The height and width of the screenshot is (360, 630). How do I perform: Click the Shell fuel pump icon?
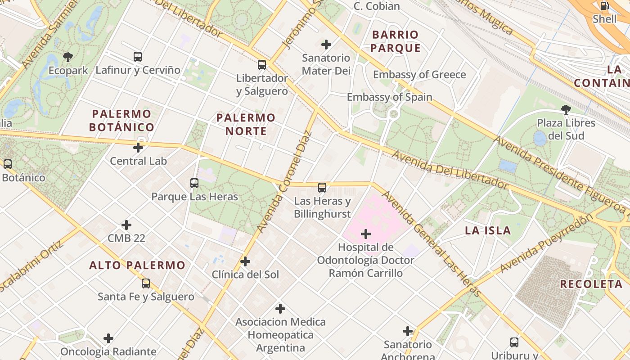pos(604,6)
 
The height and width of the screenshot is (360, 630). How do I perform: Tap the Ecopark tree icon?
pos(68,57)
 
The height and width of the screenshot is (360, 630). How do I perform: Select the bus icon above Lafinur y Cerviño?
pos(138,57)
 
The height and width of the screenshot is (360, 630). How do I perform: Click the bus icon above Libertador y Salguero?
pos(262,65)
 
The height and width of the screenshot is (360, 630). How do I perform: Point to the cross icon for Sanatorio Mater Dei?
pos(326,45)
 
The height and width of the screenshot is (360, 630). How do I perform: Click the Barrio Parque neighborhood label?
pos(396,41)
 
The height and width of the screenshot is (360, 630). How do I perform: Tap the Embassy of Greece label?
pos(419,75)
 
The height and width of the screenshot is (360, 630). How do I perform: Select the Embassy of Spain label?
pos(389,97)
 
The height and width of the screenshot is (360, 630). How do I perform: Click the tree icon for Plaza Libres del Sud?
pos(566,109)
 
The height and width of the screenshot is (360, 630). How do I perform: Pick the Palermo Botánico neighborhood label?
pos(121,121)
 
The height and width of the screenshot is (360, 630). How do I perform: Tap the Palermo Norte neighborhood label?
pos(246,124)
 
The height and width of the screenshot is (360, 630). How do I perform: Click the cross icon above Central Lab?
pos(138,147)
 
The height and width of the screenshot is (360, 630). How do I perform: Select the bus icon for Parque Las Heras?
pos(194,183)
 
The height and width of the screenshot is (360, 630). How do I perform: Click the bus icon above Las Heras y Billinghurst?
pos(322,188)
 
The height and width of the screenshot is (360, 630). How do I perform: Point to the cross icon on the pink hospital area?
pos(366,234)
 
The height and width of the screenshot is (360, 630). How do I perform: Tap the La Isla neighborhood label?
pos(488,231)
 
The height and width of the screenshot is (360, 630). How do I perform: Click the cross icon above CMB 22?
pos(126,225)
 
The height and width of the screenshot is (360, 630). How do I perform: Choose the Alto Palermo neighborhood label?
pos(137,265)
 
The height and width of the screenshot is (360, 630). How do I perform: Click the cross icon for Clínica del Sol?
pos(245,261)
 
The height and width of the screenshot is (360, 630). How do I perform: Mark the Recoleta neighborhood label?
pos(591,284)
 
